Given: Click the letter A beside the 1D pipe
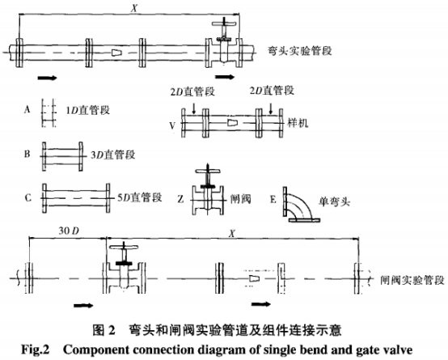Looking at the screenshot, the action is click(x=27, y=109).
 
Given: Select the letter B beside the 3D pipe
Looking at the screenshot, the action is click(x=27, y=154).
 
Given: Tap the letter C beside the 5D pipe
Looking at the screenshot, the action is click(x=28, y=197).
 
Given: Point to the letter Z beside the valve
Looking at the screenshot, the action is click(x=180, y=199).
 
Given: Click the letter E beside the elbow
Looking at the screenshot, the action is click(x=273, y=199).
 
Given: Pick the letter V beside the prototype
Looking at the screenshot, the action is click(x=172, y=125).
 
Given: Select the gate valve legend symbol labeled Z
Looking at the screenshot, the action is click(x=208, y=189).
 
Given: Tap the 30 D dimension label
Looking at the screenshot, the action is click(x=69, y=231).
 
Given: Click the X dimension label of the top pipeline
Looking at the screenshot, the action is click(x=133, y=8).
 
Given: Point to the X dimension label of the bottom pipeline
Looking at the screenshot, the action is click(x=232, y=234).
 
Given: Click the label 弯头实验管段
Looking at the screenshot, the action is click(x=299, y=51).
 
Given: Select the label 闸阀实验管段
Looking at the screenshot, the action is click(x=412, y=280).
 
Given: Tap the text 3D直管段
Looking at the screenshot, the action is click(x=113, y=155).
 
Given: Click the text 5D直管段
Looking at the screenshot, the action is click(x=140, y=197).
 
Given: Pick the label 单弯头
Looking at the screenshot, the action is click(x=334, y=202).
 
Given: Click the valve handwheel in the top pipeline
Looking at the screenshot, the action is click(x=225, y=23).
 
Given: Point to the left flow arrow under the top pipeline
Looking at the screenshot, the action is click(x=48, y=78).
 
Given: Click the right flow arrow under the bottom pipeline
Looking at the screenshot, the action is click(x=261, y=304).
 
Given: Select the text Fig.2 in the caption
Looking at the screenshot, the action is click(x=36, y=349).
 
